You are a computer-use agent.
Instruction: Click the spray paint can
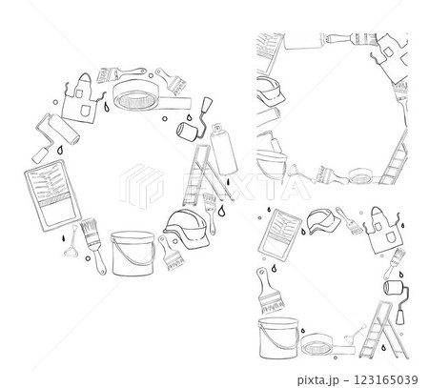point(223,149)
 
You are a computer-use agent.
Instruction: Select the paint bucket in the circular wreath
point(133,254)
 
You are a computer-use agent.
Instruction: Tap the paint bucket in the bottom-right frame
point(278,337)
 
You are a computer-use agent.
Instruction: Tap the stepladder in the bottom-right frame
point(383,331)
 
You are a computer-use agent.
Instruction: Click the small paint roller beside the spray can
point(194,120)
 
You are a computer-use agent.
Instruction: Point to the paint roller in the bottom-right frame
point(397,298)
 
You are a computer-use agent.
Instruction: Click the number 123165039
point(385,379)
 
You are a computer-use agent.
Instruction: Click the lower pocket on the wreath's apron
point(85,110)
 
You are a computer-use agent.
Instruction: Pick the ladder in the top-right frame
point(395,159)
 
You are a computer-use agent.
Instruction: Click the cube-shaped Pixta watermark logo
point(142,186)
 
